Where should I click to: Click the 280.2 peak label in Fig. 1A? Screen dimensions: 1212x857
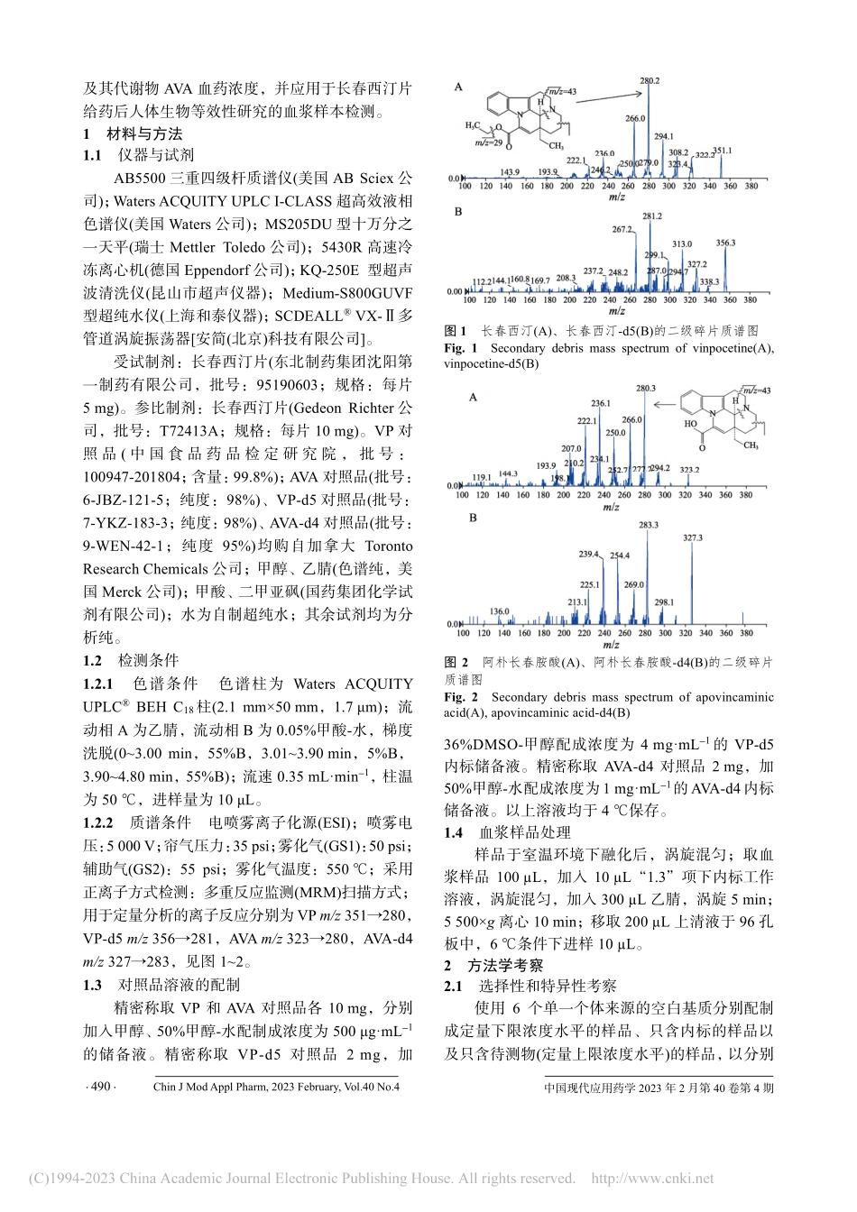tap(650, 81)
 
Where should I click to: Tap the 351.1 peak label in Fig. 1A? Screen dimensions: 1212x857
tap(723, 150)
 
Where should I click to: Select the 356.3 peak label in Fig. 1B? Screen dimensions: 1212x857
tap(726, 243)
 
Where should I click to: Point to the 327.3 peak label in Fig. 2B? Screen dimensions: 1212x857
tap(692, 538)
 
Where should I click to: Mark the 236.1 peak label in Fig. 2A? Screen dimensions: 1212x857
tap(601, 403)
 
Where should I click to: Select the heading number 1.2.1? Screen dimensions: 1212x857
tap(99, 684)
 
